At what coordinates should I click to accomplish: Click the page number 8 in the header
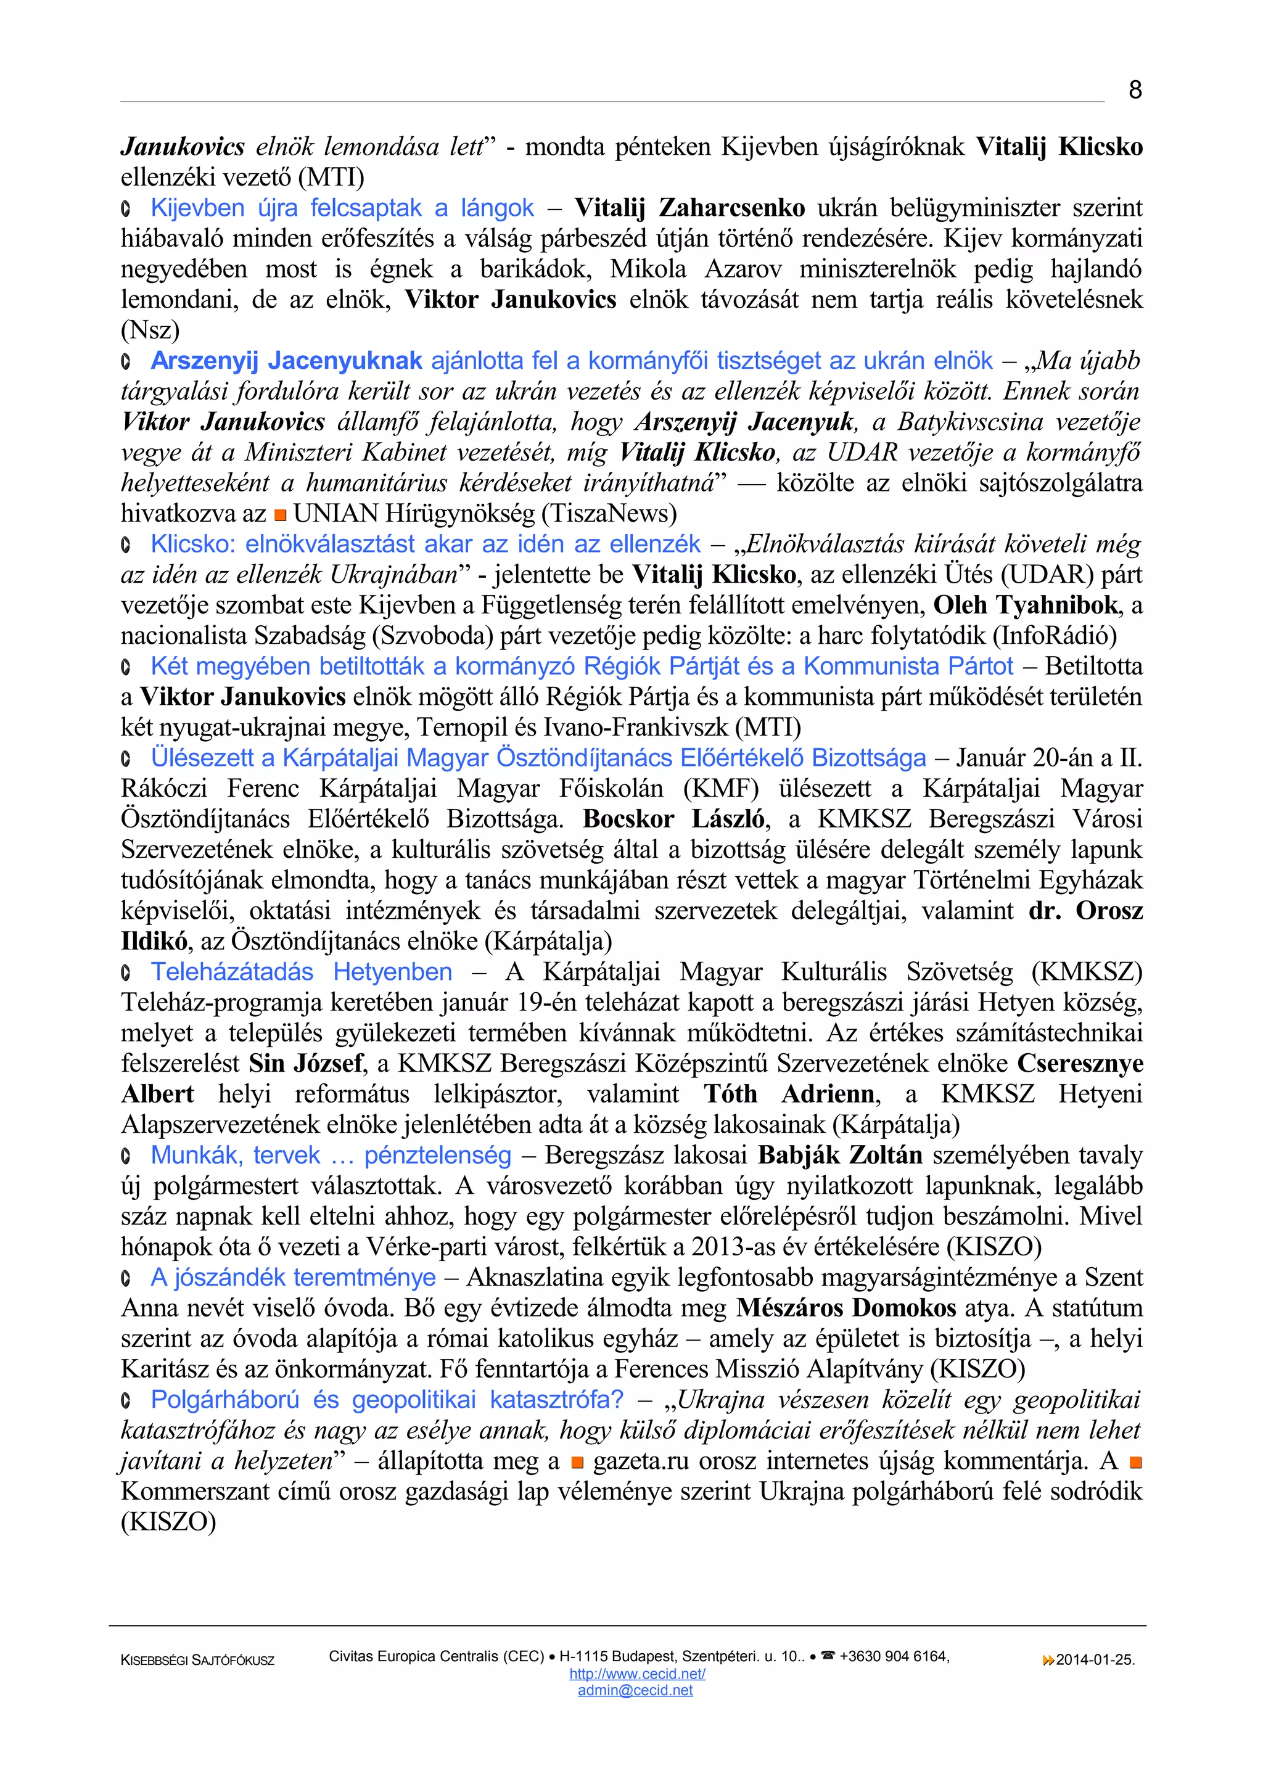tap(1135, 90)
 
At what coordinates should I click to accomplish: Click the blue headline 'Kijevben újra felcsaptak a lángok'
tap(342, 208)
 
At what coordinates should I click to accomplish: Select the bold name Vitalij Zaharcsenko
tap(689, 208)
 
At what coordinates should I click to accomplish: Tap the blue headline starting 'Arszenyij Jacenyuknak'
tap(571, 360)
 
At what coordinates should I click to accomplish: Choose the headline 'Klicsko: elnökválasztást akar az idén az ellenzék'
tap(426, 543)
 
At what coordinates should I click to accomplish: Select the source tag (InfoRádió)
tap(1055, 635)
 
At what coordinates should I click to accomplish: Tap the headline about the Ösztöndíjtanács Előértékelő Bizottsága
tap(538, 757)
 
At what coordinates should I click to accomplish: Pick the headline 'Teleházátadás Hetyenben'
tap(301, 971)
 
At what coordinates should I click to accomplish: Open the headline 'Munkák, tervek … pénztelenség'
tap(331, 1155)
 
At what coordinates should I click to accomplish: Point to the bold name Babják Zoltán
tap(841, 1155)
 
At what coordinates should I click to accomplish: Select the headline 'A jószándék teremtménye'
tap(294, 1277)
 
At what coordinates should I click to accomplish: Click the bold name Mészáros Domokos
tap(846, 1307)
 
